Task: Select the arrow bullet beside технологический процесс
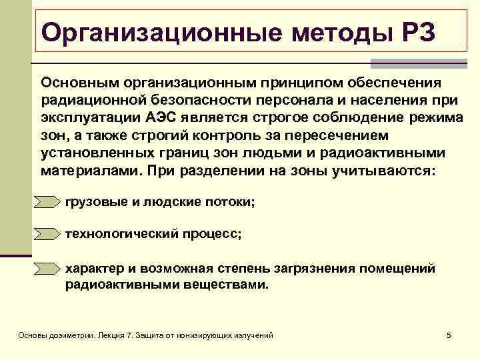pos(47,235)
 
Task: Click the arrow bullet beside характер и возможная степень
pos(47,269)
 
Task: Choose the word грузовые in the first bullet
pos(91,201)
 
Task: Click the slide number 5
pos(449,335)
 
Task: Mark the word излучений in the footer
pos(252,335)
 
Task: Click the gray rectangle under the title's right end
pos(413,63)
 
